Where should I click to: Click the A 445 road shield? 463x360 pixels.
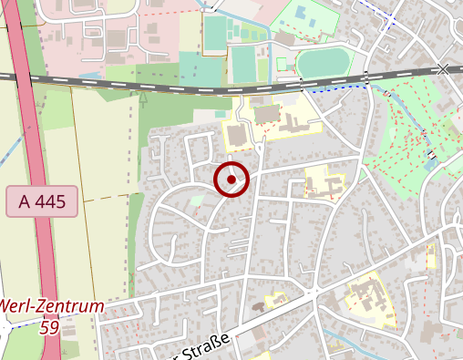(42, 201)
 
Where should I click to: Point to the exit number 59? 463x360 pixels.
(50, 326)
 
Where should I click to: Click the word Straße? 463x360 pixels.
(205, 347)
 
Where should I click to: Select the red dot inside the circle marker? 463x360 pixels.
(231, 180)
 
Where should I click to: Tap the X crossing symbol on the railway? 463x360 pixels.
(444, 69)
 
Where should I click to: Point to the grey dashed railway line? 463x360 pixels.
(182, 87)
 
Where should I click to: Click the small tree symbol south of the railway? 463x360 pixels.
(142, 97)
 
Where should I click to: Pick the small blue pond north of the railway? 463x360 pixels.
(310, 17)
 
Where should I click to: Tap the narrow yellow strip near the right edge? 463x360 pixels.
(431, 256)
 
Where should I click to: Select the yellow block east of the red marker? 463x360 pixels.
(324, 182)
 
